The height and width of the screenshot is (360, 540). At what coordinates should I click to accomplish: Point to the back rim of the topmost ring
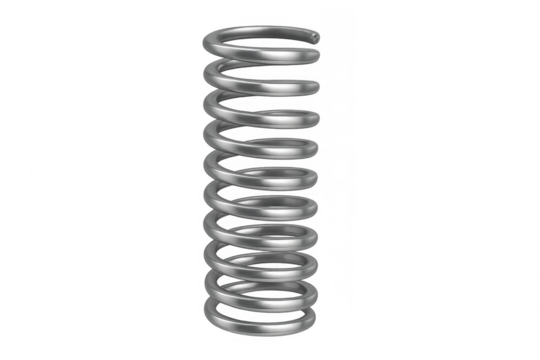point(262,27)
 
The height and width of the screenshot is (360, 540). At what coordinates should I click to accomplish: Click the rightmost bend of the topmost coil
point(320,42)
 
